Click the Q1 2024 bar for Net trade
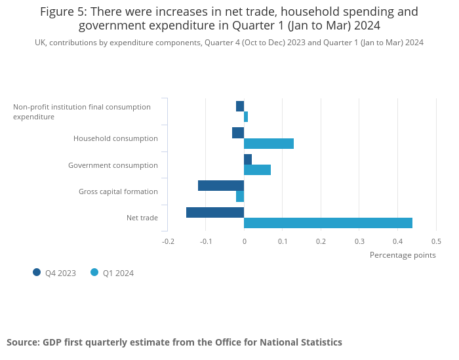(x=328, y=223)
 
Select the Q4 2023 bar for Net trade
(x=215, y=212)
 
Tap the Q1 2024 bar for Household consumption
(x=269, y=144)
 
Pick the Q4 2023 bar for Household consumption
(x=238, y=133)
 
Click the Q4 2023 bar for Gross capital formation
(x=221, y=186)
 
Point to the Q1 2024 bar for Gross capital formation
(x=240, y=196)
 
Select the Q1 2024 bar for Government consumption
(x=257, y=170)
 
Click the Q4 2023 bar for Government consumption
(x=248, y=159)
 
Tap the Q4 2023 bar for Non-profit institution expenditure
(x=240, y=106)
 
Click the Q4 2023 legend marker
(x=37, y=273)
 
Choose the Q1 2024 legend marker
(x=94, y=273)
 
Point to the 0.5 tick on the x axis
(x=436, y=241)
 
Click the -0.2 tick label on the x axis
(x=168, y=241)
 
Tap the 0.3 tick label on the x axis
(x=359, y=241)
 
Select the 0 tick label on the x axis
(x=244, y=241)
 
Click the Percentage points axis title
(x=403, y=255)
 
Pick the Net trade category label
(x=142, y=218)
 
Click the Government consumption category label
(x=113, y=165)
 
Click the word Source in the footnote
(x=23, y=342)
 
